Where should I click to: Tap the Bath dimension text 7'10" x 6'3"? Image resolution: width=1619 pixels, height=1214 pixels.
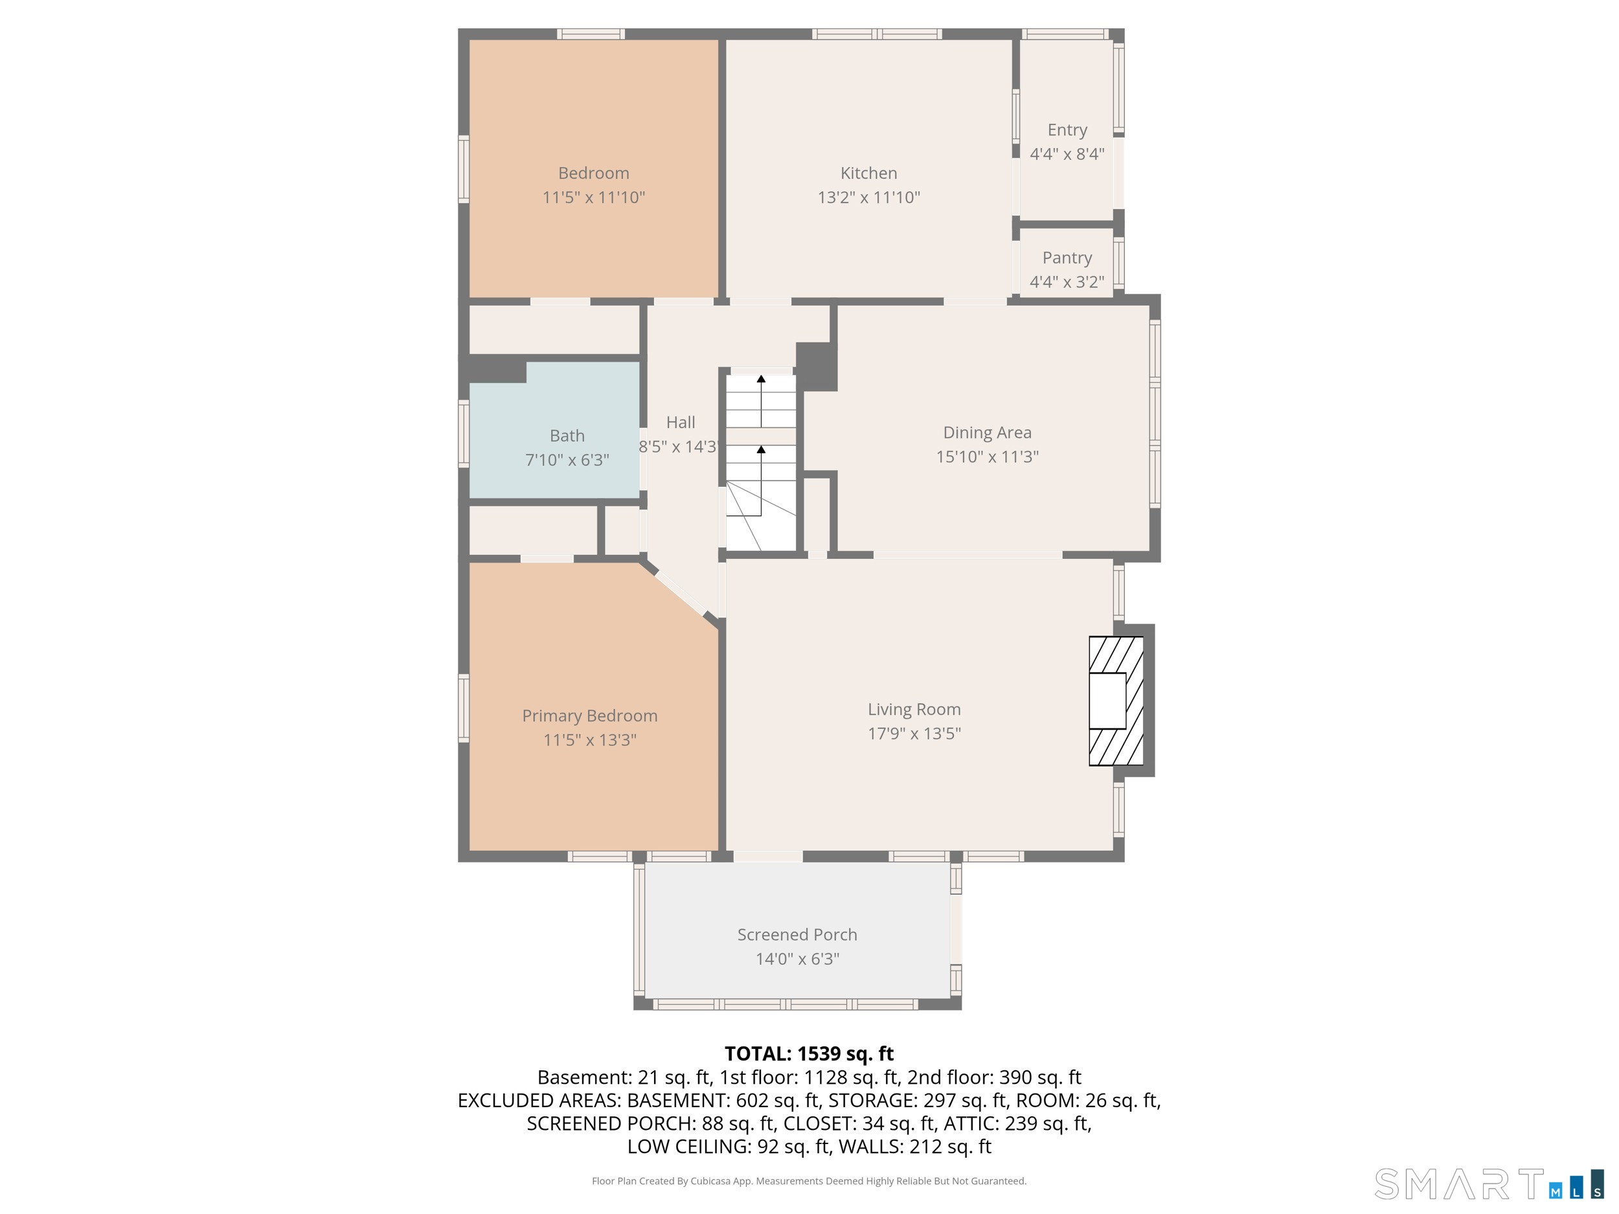click(x=567, y=460)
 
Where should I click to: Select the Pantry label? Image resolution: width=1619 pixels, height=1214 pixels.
click(x=1067, y=258)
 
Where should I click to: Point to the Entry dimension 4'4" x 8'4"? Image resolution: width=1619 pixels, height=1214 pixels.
click(x=1067, y=153)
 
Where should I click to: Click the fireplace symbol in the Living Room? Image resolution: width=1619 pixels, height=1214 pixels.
click(x=1116, y=701)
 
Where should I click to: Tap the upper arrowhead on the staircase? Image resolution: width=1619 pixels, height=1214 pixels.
click(x=761, y=379)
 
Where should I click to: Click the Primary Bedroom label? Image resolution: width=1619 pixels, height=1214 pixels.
click(x=590, y=715)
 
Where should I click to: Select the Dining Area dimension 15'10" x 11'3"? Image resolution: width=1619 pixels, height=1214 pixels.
click(x=988, y=456)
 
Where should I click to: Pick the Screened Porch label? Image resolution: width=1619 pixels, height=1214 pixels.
click(x=797, y=934)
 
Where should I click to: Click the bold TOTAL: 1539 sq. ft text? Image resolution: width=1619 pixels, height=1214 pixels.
click(x=809, y=1053)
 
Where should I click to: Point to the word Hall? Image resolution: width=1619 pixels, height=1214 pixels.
click(x=681, y=422)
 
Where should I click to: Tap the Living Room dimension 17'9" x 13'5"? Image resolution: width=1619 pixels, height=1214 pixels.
click(x=914, y=733)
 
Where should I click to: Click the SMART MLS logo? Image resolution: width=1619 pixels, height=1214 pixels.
click(x=1489, y=1184)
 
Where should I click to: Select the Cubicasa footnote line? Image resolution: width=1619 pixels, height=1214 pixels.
click(x=809, y=1181)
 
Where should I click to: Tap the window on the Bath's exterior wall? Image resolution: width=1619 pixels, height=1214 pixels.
click(x=463, y=433)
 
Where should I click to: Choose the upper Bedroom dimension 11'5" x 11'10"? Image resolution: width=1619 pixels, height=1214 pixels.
click(x=594, y=197)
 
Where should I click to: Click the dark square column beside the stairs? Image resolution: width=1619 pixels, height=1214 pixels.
click(x=816, y=366)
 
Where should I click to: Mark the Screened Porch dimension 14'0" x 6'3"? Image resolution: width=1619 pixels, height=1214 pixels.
click(x=797, y=959)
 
